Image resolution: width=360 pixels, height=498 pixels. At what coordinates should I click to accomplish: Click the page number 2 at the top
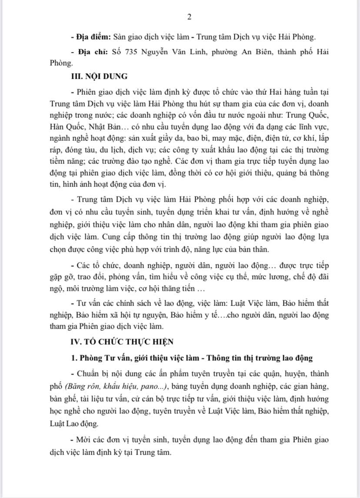click(x=189, y=17)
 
